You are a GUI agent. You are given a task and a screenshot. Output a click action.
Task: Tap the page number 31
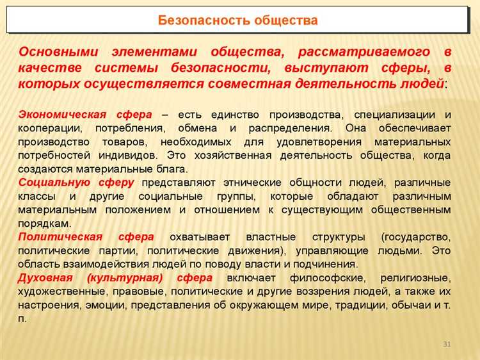click(447, 346)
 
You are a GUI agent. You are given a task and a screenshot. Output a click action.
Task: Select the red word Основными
click(58, 52)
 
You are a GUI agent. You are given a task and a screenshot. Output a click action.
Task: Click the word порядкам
click(44, 224)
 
